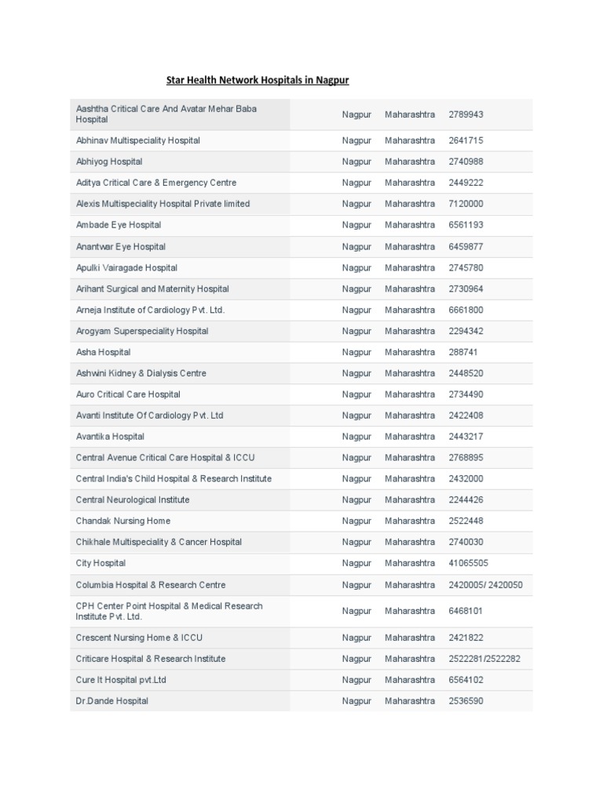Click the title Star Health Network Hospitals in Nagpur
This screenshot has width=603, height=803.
pos(258,81)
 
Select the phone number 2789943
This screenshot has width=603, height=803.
pos(466,114)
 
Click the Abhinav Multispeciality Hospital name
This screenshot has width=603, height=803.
pos(137,140)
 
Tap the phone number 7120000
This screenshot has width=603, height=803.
pos(466,204)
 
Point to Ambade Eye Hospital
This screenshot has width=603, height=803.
pos(118,225)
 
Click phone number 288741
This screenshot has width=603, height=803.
pos(463,352)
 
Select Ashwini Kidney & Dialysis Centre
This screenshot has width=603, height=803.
pos(141,373)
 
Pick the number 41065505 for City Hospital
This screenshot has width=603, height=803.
pos(468,563)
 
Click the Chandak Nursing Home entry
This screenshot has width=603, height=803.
pos(122,521)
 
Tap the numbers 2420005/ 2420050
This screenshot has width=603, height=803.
pos(485,585)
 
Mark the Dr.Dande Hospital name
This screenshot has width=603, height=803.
pos(111,701)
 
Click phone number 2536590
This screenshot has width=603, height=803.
pos(466,701)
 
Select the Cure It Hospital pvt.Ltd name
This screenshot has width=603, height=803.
pos(121,680)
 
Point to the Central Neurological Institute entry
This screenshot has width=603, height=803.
pos(132,500)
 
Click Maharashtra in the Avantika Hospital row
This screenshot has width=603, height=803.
pos(409,436)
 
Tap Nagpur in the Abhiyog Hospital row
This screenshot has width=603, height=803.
pos(356,162)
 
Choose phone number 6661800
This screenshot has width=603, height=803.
pos(466,310)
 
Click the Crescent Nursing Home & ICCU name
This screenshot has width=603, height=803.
pos(138,638)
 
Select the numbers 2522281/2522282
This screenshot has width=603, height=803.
pos(484,659)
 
